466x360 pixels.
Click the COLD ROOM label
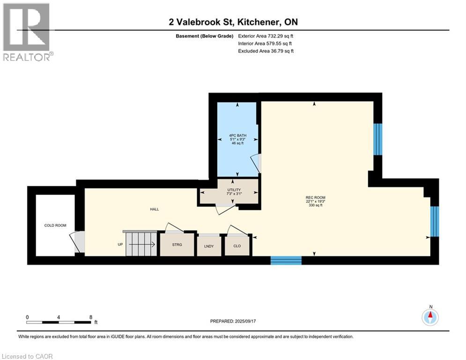[x=55, y=225]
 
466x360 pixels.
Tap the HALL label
[x=154, y=210]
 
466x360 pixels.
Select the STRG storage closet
[x=177, y=245]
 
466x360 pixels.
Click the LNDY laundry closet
[x=209, y=245]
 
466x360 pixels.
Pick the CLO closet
[x=237, y=246]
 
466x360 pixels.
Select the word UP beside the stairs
[x=120, y=244]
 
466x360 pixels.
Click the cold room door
[x=77, y=242]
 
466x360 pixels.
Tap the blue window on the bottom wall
[x=286, y=260]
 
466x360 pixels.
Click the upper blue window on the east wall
[x=377, y=139]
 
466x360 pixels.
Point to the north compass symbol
[x=429, y=317]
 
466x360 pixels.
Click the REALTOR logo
[x=27, y=32]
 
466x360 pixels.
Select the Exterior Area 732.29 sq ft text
[x=266, y=36]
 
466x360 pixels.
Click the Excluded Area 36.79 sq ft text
[x=266, y=51]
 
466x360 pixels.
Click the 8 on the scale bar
[x=90, y=317]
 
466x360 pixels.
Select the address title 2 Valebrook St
[x=233, y=22]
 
